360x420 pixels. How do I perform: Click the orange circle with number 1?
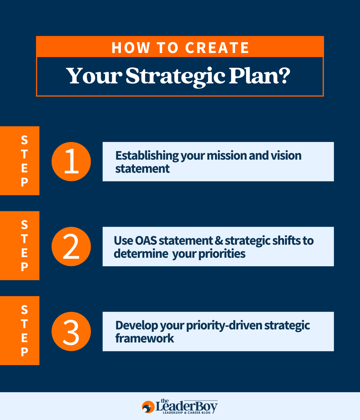[x=71, y=162]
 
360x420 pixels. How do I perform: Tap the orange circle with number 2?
[x=71, y=247]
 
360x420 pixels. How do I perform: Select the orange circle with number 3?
[x=71, y=332]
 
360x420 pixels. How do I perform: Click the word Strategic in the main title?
[x=175, y=76]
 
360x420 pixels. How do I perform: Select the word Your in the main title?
[x=94, y=76]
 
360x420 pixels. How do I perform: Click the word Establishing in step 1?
[x=147, y=156]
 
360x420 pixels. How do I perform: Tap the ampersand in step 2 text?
[x=219, y=241]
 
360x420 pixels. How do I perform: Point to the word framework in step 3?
[x=145, y=339]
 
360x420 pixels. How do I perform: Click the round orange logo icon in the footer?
[x=148, y=407]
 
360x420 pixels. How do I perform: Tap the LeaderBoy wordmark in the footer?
[x=187, y=406]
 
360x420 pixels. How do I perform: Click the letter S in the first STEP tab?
[x=25, y=140]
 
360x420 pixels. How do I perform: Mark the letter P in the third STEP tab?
[x=25, y=352]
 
